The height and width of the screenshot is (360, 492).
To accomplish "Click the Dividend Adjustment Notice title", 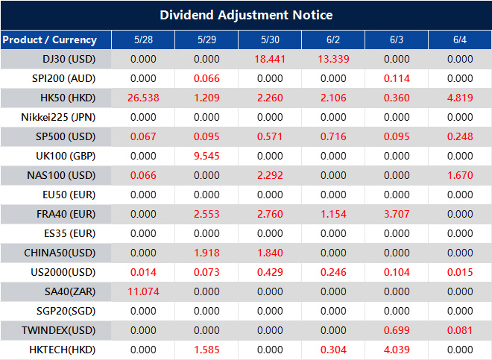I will pos(246,15).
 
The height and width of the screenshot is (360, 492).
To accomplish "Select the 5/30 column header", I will pos(270,40).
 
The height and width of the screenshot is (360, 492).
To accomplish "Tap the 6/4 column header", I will pos(460,40).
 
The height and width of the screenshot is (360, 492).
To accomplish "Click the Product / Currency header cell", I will pos(50,40).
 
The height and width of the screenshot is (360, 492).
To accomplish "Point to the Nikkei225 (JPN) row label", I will pos(59,117).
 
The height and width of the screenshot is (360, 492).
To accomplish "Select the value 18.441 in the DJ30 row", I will pos(270,59).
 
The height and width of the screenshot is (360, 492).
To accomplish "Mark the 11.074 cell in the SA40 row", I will pos(143,291).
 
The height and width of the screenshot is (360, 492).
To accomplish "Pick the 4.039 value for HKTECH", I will pos(397,349).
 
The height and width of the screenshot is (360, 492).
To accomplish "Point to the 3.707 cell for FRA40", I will pos(397,214).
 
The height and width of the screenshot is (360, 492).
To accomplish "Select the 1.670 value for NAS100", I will pos(460,175).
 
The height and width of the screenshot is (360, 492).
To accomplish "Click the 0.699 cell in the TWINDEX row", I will pos(397,329).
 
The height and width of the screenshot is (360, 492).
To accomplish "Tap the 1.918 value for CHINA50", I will pos(206,253).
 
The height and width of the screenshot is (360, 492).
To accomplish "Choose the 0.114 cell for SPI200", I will pos(397,78).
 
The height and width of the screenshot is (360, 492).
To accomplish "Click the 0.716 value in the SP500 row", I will pos(333,136).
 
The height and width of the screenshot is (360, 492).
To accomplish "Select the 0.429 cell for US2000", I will pos(270,272).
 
